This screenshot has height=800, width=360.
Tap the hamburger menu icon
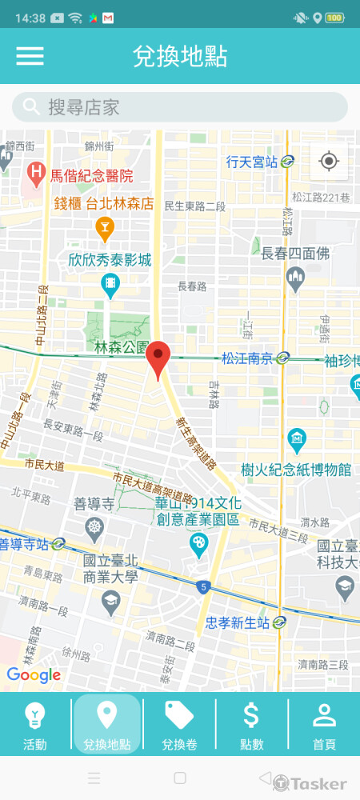30,56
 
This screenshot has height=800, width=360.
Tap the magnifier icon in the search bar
32,107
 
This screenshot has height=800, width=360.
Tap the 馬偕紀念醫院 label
91,176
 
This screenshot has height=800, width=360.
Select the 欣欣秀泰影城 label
110,260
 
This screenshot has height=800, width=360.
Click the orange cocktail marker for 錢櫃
104,230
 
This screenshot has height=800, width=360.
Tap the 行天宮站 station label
251,162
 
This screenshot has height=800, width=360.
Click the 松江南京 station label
247,358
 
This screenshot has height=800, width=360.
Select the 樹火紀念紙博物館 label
296,469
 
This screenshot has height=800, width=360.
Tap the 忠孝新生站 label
238,622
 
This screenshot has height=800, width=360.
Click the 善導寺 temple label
95,504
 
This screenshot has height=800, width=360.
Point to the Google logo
34,675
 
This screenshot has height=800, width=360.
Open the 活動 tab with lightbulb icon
35,725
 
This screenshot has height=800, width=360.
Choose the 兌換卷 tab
179,725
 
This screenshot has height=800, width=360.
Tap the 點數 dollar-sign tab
251,725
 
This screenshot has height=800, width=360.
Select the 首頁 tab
324,725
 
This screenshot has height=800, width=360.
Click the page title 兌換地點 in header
180,56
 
